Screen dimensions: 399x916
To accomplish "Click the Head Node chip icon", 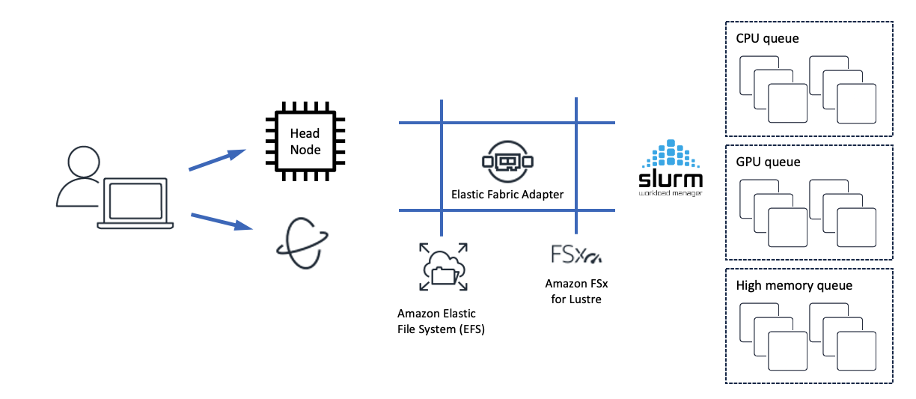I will point(305,141).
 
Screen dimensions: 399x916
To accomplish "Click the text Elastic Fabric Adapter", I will point(507,195).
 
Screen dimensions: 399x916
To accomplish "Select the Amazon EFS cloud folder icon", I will point(442,266).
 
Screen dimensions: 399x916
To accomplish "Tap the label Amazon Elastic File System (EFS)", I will point(441,321).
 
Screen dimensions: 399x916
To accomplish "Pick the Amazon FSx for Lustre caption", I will point(573,292).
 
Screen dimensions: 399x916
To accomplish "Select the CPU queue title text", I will point(767,38).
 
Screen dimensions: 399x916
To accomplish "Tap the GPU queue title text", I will point(768,162).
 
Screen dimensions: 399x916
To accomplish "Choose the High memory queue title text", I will point(794,285).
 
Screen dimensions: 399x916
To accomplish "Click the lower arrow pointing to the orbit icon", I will point(221,221).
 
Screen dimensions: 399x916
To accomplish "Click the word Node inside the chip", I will point(305,150).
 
